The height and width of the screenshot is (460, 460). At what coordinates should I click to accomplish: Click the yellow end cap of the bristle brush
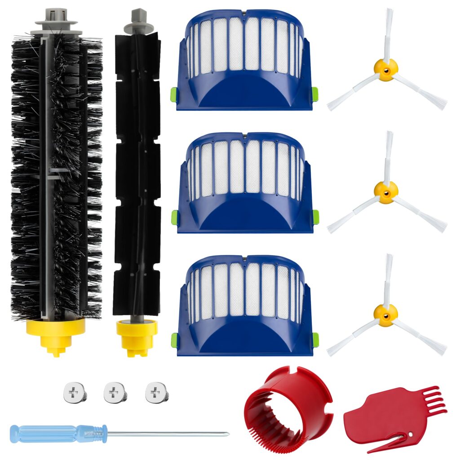[x=56, y=332]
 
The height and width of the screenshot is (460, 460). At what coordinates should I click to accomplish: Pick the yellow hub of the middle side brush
[x=386, y=192]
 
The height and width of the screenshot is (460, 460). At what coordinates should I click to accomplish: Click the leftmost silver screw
[x=74, y=393]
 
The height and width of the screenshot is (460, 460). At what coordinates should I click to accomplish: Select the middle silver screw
[x=115, y=393]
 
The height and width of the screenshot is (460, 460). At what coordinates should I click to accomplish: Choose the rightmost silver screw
[x=157, y=393]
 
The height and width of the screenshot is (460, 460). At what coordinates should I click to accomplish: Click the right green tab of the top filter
[x=315, y=94]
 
